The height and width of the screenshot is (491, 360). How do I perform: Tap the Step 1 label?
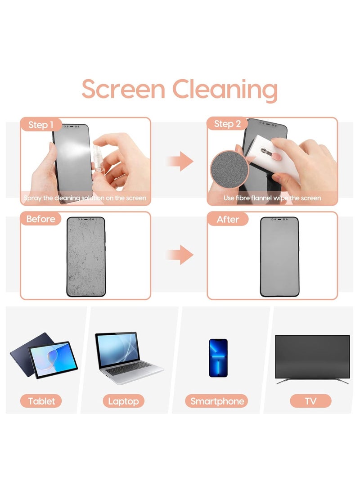(41, 125)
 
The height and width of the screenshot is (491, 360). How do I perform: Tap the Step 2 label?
(227, 124)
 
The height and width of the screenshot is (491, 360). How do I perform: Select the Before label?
(40, 219)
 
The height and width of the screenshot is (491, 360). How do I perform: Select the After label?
(228, 219)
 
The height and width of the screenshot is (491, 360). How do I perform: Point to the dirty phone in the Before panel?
(85, 257)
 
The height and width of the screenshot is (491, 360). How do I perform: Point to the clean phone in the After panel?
(279, 257)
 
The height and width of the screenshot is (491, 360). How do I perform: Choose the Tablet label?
(41, 401)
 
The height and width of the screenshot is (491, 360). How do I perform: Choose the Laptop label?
(123, 401)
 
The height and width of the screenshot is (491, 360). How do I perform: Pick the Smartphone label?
(217, 401)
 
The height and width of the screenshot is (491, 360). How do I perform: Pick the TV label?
(310, 401)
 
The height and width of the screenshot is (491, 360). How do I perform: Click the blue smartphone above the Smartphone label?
(218, 358)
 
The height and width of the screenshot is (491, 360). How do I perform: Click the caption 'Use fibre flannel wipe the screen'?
(272, 198)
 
